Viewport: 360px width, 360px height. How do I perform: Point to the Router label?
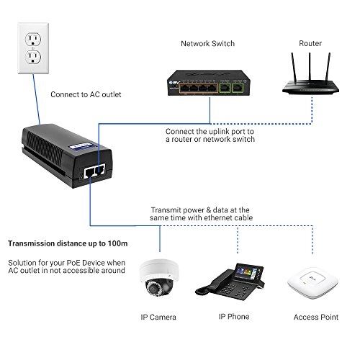(310, 43)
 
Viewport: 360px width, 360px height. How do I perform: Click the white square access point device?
(312, 282)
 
